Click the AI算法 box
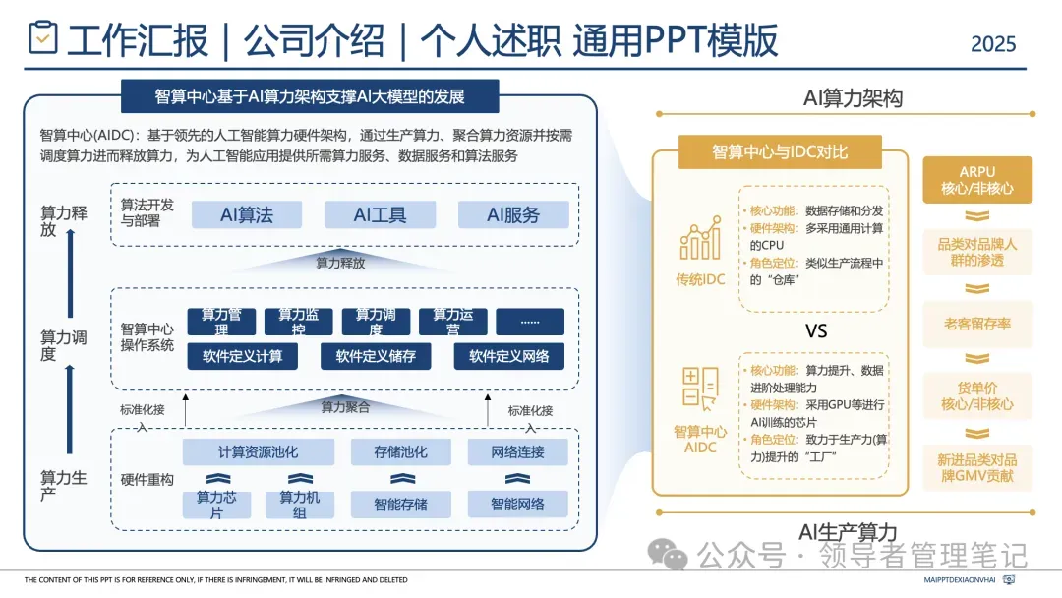coord(246,214)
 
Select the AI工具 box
coord(380,214)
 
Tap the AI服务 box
coord(513,214)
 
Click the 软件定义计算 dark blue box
coord(242,356)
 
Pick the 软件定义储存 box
coord(376,356)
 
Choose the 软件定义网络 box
coord(508,356)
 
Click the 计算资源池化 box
coord(258,452)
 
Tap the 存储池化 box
coord(400,452)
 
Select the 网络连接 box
coord(518,452)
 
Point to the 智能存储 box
coord(400,505)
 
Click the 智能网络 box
coord(518,505)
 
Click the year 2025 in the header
coord(993,44)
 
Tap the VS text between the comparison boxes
coord(816,331)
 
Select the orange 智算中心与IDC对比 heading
coord(793,152)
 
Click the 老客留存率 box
coord(977,324)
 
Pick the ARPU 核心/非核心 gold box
coord(977,179)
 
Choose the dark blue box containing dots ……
coord(530,322)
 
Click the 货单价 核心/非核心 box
coord(977,395)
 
